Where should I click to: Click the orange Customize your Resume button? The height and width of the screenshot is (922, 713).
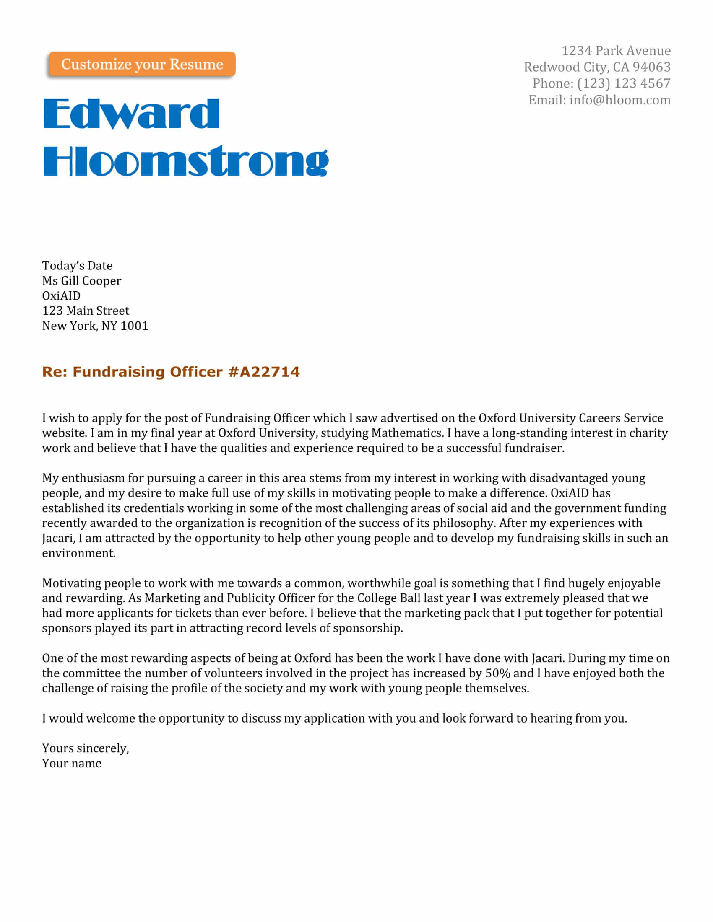tap(142, 64)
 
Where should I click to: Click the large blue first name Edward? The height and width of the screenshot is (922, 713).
tap(131, 114)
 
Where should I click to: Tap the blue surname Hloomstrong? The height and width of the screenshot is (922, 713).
tap(185, 161)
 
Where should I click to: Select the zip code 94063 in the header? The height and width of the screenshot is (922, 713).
tap(651, 67)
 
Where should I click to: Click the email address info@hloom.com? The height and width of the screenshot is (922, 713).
tap(619, 100)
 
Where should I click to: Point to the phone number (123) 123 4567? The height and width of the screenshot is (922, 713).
tap(623, 83)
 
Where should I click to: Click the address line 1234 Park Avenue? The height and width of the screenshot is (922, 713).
tap(616, 51)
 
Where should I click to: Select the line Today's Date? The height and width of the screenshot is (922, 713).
tap(77, 266)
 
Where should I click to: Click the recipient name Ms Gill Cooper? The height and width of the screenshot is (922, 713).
tap(81, 281)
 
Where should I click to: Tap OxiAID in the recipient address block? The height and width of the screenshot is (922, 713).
tap(61, 295)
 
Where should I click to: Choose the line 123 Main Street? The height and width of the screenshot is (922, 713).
tap(86, 311)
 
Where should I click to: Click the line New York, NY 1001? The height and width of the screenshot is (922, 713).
tap(95, 326)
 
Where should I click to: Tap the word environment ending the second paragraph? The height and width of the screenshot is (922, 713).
tap(78, 553)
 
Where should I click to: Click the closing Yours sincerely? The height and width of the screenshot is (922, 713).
tap(85, 748)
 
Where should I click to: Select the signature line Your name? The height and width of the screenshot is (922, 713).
tap(72, 763)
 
